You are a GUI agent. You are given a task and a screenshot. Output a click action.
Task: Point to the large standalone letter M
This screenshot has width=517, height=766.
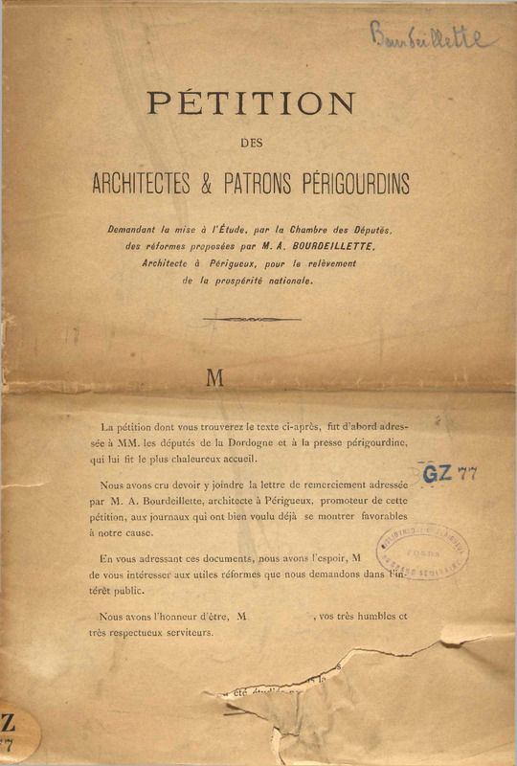coord(215,378)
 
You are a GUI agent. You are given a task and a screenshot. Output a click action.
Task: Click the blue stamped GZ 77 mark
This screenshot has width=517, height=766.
coord(450,472)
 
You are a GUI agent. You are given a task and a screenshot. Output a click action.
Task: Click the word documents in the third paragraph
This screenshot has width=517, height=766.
coord(241,557)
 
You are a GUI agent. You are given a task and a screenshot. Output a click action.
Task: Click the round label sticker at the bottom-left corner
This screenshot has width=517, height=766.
coord(14,734)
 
